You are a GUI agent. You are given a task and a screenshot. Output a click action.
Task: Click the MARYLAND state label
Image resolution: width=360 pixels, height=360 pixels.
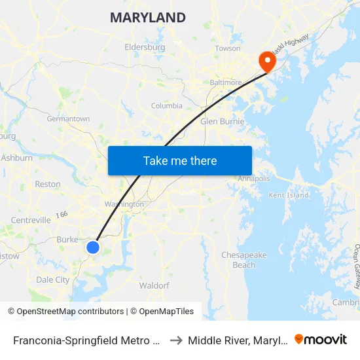click(x=147, y=18)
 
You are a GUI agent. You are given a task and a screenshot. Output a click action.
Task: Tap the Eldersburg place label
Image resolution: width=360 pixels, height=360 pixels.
click(x=145, y=47)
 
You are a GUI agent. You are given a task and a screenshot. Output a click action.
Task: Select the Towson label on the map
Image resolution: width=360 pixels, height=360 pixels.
click(x=228, y=48)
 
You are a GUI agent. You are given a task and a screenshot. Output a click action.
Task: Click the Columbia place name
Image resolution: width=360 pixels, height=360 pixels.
click(x=167, y=105)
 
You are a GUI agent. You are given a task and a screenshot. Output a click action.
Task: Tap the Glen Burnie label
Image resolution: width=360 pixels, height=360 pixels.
click(x=222, y=122)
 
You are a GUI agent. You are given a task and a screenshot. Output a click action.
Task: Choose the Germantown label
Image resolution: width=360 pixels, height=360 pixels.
click(x=68, y=118)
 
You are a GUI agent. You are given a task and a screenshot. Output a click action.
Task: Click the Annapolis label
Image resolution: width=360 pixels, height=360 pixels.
click(x=253, y=179)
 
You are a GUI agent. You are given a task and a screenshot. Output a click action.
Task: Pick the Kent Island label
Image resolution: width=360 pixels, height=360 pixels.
click(x=288, y=195)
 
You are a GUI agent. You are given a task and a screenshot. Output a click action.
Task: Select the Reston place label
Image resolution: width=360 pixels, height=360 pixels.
click(x=47, y=185)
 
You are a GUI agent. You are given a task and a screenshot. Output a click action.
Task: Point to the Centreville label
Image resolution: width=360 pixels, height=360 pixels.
click(x=31, y=221)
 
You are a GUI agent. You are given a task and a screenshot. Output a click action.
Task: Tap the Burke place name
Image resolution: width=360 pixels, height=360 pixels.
click(x=67, y=240)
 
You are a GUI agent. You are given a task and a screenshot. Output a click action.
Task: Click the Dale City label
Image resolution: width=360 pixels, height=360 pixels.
click(x=53, y=279)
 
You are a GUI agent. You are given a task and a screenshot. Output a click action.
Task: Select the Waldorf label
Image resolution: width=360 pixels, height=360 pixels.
click(x=154, y=286)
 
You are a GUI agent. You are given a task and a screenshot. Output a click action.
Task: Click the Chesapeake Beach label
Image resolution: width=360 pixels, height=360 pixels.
click(x=243, y=260)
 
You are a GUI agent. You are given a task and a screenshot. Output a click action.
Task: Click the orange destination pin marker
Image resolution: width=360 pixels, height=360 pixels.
click(x=267, y=62)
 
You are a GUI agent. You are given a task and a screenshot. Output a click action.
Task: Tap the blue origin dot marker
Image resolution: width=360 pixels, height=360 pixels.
click(x=93, y=247)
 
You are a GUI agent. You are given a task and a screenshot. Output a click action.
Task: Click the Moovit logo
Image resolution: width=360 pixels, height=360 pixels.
click(x=320, y=340)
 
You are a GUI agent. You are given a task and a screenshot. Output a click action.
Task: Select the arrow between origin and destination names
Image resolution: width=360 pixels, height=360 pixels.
click(x=176, y=340)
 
